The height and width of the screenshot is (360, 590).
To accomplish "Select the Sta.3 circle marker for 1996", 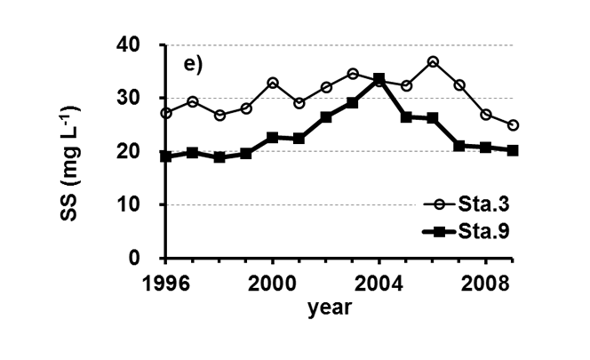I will coord(167,113).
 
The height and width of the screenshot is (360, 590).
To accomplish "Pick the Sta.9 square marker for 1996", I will coord(167,156).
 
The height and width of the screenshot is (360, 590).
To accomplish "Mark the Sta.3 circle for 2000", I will coord(273,83).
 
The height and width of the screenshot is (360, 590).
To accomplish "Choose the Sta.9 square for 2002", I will coord(326,117).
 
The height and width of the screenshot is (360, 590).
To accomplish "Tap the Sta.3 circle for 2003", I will coord(353,74).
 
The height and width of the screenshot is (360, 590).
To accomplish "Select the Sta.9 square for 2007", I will coord(459,146).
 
